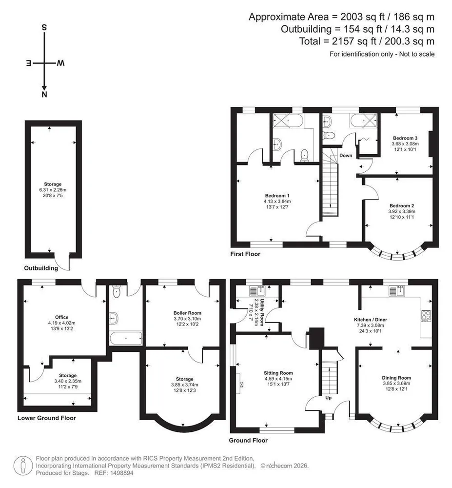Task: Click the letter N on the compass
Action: (x=44, y=95)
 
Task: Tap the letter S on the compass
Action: (x=44, y=27)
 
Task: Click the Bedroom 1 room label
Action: (x=277, y=196)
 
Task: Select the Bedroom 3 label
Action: (x=405, y=138)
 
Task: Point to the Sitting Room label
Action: (x=278, y=373)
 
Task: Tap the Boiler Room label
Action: (x=187, y=313)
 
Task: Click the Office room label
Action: (x=61, y=317)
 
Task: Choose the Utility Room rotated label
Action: (x=262, y=312)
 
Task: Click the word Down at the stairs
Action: (x=346, y=155)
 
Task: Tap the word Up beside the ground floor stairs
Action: (x=328, y=398)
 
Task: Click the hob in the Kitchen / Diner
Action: (x=426, y=316)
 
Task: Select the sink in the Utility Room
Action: (x=257, y=291)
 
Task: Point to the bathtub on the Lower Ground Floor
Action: (x=126, y=338)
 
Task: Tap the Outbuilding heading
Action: (x=41, y=268)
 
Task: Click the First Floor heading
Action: (x=245, y=254)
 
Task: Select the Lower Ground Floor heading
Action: (x=47, y=418)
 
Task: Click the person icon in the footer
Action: (x=23, y=466)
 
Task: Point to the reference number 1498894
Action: (x=123, y=473)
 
